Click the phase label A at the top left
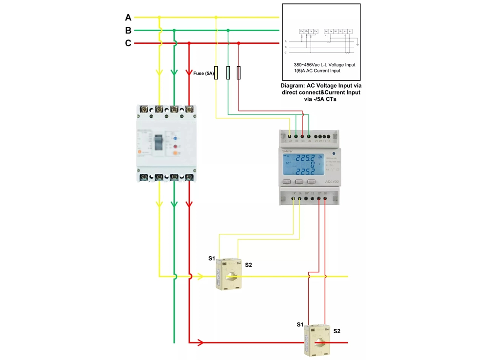(128, 18)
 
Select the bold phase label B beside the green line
(128, 30)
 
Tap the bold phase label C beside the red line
(128, 43)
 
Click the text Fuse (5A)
(203, 74)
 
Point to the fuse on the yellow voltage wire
(216, 73)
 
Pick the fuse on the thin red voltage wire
(239, 73)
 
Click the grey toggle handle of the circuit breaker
(159, 142)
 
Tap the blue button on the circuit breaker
(175, 138)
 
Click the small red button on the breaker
(175, 146)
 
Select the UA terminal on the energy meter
(290, 137)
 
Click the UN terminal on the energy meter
(309, 137)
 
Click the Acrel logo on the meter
(287, 151)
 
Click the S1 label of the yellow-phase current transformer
(211, 257)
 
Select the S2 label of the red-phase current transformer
(337, 331)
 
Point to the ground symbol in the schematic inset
(358, 45)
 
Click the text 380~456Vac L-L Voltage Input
(324, 65)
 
